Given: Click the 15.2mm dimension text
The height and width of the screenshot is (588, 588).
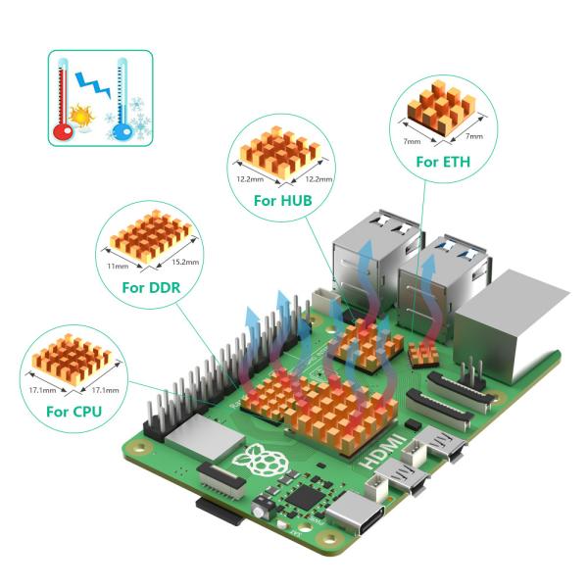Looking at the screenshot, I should pos(184,262).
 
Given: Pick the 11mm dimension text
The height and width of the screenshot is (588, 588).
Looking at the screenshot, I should pos(118,265).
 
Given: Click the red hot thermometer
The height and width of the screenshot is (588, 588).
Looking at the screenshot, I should pos(64,100).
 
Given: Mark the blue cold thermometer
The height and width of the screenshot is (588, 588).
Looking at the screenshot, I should pos(122,100).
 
